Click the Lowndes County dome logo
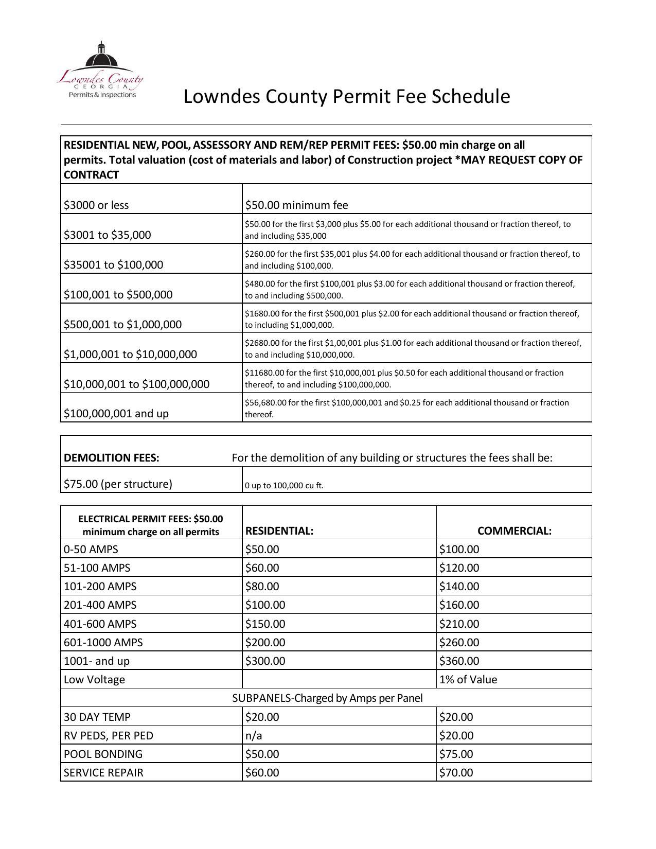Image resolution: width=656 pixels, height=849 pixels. click(x=100, y=69)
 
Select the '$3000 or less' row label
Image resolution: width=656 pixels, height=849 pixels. click(x=96, y=205)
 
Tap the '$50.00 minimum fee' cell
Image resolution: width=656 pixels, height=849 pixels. click(x=296, y=205)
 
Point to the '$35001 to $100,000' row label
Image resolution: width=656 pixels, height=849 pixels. click(x=113, y=264)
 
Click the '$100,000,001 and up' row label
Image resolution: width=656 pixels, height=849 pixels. click(x=116, y=413)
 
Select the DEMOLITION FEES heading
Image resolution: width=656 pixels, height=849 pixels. click(x=111, y=457)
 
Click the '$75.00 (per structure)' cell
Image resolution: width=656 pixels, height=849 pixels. click(x=118, y=484)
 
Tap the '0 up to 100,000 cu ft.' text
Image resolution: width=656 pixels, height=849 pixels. click(x=284, y=485)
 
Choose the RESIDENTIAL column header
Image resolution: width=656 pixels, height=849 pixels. click(x=279, y=530)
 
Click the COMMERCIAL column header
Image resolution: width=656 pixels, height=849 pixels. click(x=514, y=530)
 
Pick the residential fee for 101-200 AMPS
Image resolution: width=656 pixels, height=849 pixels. click(x=262, y=586)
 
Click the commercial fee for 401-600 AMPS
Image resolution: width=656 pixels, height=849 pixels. click(x=459, y=624)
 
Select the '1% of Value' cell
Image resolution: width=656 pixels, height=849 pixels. click(x=468, y=679)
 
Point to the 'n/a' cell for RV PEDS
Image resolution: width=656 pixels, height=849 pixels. click(x=254, y=735)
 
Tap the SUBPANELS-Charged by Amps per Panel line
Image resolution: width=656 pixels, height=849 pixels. click(x=327, y=698)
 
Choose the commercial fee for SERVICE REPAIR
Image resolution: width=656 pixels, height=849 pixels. click(x=456, y=772)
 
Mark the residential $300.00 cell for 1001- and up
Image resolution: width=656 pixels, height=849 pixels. click(x=265, y=661)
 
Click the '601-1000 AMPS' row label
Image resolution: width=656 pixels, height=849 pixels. click(x=103, y=642)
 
